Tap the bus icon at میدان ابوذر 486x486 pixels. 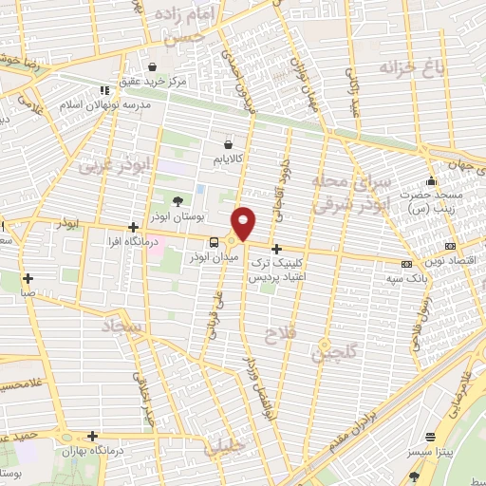(x=213, y=241)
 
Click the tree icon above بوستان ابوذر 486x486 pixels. (x=178, y=200)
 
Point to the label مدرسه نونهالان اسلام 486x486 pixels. (x=106, y=104)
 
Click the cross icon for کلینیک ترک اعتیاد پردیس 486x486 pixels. (x=276, y=250)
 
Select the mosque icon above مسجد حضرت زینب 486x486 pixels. (x=432, y=181)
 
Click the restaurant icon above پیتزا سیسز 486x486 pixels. (x=432, y=438)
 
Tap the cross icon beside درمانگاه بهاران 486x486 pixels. (x=92, y=436)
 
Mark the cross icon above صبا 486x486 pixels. (x=28, y=279)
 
